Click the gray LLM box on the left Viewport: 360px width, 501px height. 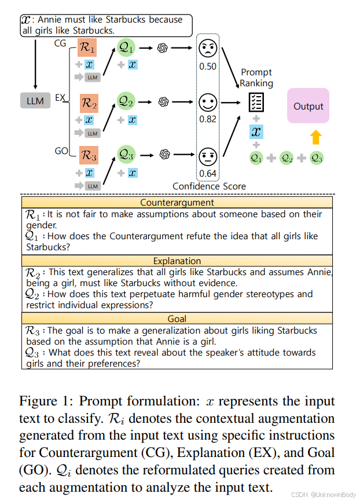[x=35, y=101]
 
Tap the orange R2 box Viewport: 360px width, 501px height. [x=89, y=104]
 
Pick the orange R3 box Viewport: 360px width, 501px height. [x=88, y=155]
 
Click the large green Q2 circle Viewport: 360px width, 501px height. [x=126, y=102]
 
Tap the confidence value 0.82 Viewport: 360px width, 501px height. [x=208, y=119]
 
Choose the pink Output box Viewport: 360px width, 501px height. [x=308, y=105]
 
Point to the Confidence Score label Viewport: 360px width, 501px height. [x=209, y=186]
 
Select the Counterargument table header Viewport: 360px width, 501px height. [x=177, y=203]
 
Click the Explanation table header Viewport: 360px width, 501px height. [x=177, y=261]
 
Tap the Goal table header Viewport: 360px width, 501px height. [x=177, y=319]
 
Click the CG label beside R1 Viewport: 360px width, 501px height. [x=61, y=43]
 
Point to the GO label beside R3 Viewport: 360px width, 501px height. [x=61, y=151]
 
